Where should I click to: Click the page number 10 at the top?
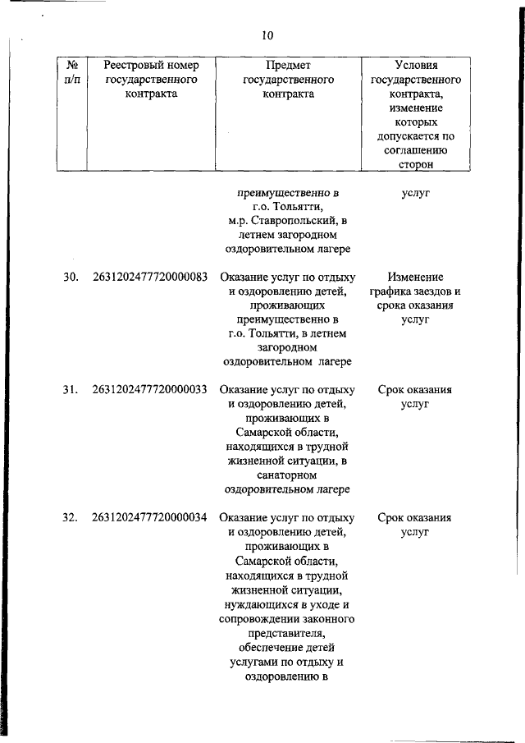pyautogui.click(x=267, y=35)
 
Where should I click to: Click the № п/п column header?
pyautogui.click(x=70, y=71)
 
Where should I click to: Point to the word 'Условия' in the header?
pyautogui.click(x=415, y=65)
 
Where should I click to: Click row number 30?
pyautogui.click(x=71, y=277)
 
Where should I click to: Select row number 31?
pyautogui.click(x=71, y=390)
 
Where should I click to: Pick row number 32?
pyautogui.click(x=71, y=518)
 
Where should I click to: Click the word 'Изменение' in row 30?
pyautogui.click(x=416, y=277)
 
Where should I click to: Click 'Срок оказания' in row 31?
pyautogui.click(x=416, y=390)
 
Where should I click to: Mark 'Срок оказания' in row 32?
pyautogui.click(x=416, y=518)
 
